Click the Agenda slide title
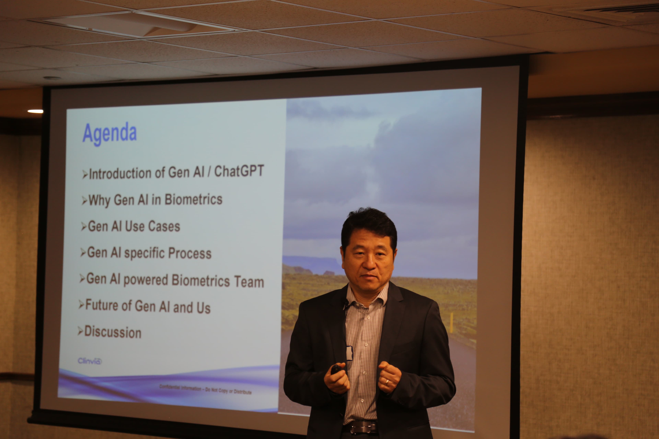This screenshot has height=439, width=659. pos(109,134)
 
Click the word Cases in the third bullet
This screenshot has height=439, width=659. pos(164,226)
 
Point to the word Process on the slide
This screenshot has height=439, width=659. pos(190,253)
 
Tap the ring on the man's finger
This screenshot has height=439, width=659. pos(387,381)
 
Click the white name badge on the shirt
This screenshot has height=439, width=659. pos(349,353)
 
